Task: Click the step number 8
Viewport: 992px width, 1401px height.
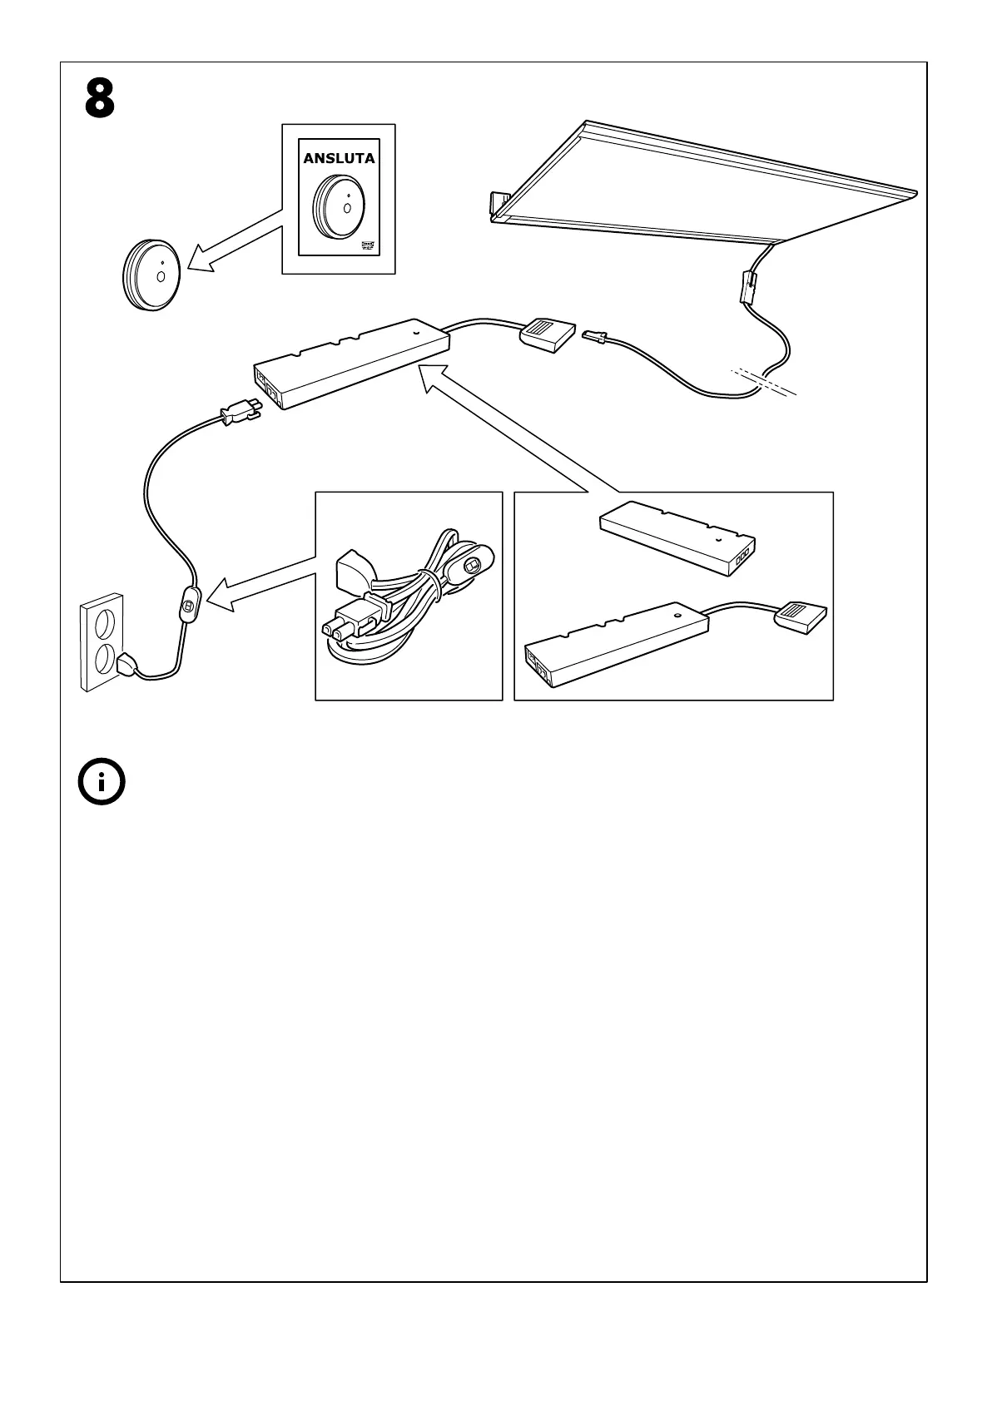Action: pyautogui.click(x=99, y=99)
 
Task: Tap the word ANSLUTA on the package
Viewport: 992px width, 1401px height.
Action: pyautogui.click(x=339, y=158)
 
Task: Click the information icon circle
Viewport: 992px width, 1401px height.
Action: pyautogui.click(x=102, y=782)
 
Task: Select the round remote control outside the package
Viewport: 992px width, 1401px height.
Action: pyautogui.click(x=150, y=275)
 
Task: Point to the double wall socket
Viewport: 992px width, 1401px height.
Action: pyautogui.click(x=102, y=641)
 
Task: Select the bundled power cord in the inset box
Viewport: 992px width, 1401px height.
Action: pyautogui.click(x=408, y=599)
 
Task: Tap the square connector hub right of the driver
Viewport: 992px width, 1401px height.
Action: pyautogui.click(x=547, y=333)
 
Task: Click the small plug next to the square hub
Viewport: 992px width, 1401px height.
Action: pyautogui.click(x=594, y=337)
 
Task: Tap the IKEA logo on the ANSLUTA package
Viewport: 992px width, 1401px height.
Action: pyautogui.click(x=367, y=245)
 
